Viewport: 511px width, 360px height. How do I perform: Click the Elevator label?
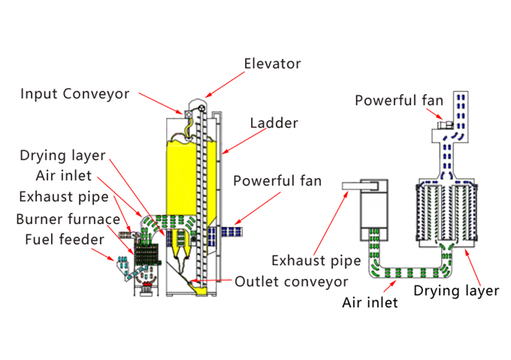pyautogui.click(x=272, y=64)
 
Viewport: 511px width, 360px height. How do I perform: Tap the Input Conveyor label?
pyautogui.click(x=75, y=94)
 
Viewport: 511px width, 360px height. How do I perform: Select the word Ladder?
pyautogui.click(x=274, y=123)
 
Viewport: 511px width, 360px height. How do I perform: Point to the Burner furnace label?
pyautogui.click(x=68, y=219)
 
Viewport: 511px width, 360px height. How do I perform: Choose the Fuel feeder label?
pyautogui.click(x=64, y=240)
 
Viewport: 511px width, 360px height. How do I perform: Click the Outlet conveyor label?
pyautogui.click(x=291, y=281)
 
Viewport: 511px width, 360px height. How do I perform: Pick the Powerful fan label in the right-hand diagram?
pyautogui.click(x=399, y=100)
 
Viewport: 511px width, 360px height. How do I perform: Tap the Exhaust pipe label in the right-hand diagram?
pyautogui.click(x=316, y=261)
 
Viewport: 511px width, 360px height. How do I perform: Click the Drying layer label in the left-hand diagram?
pyautogui.click(x=63, y=156)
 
